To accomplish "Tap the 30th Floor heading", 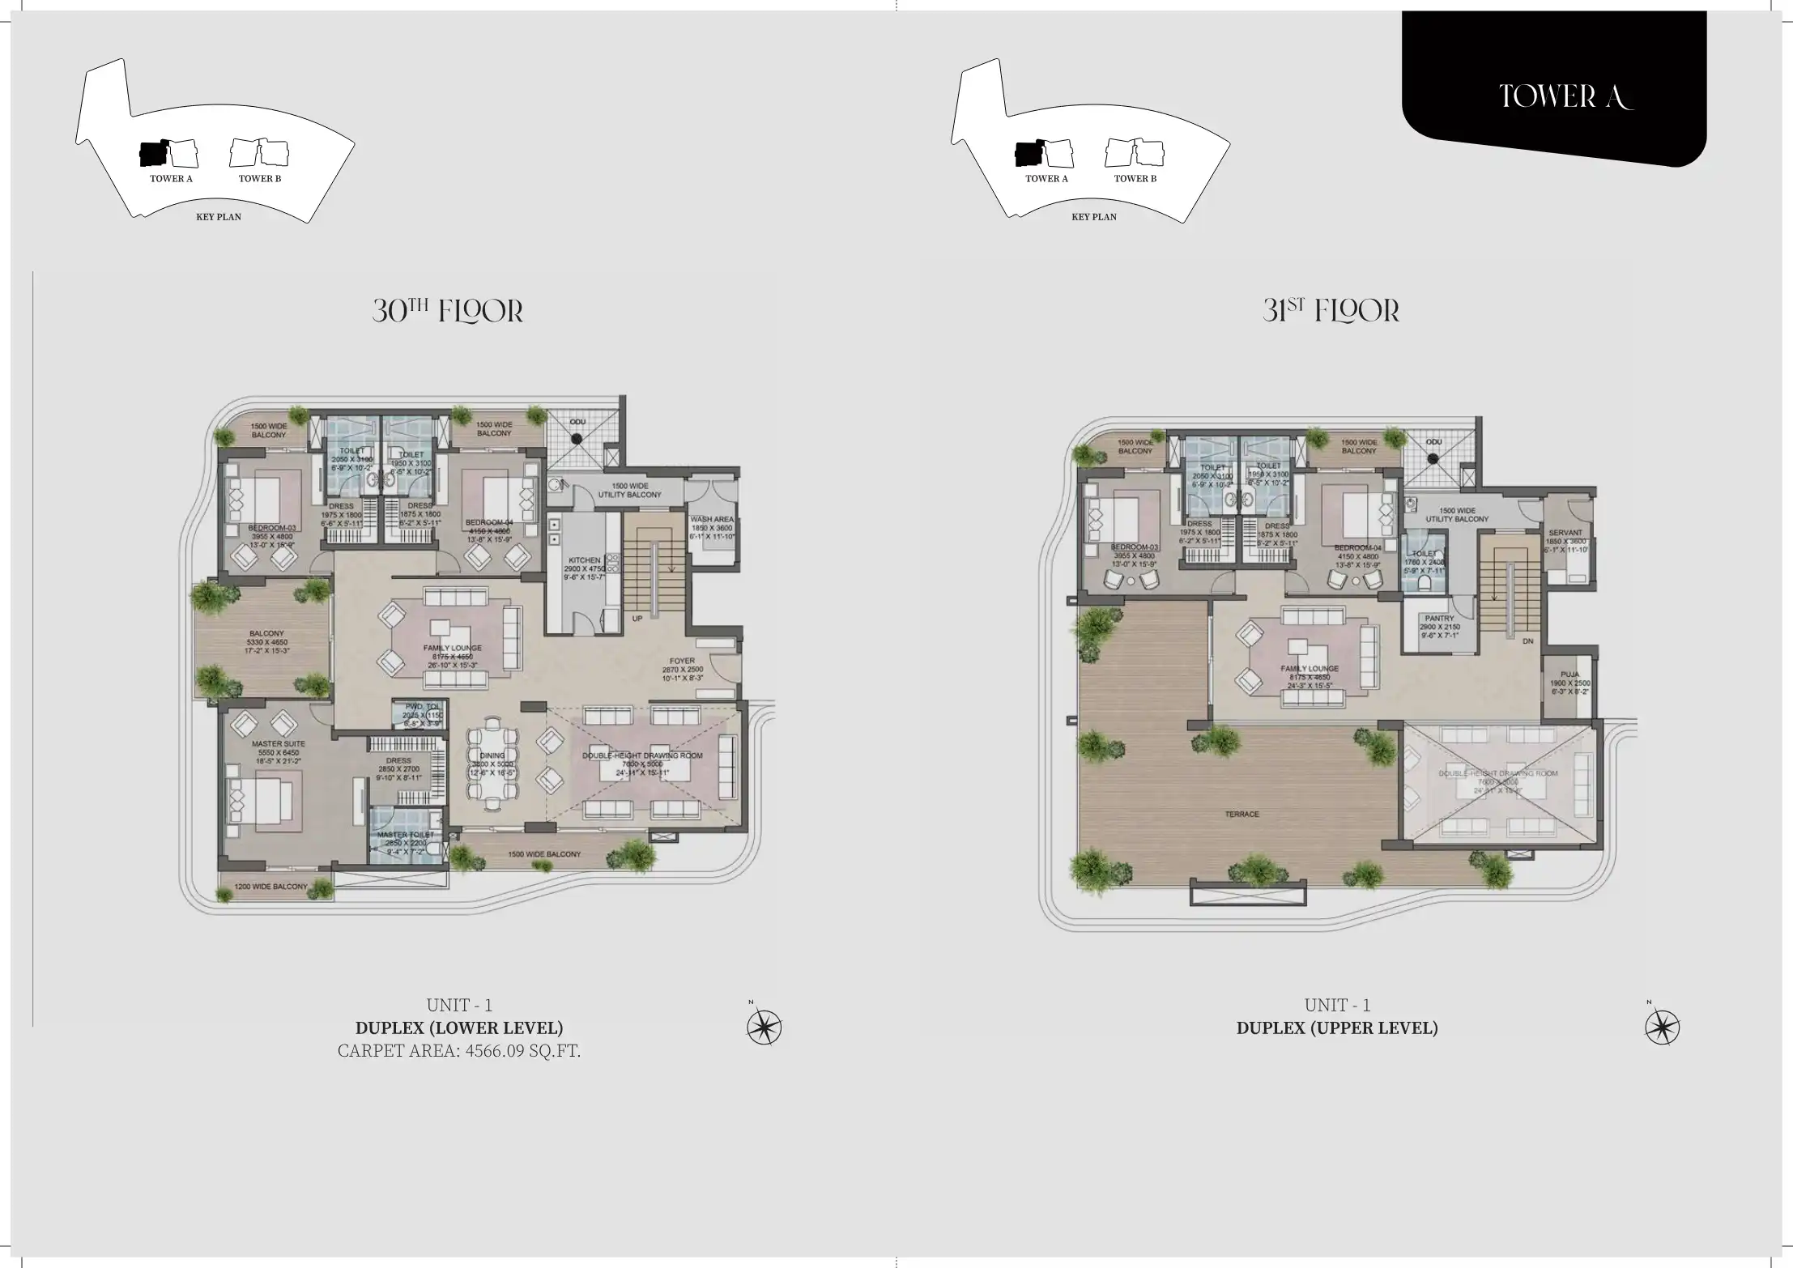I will tap(448, 311).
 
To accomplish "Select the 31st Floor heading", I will tap(1331, 311).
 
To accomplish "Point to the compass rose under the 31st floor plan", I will tap(1662, 1028).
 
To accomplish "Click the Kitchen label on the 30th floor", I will tap(584, 560).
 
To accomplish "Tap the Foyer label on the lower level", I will tap(682, 661).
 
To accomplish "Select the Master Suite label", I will tap(278, 743).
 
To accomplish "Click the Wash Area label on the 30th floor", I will tap(712, 520).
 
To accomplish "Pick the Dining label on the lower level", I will tap(492, 755).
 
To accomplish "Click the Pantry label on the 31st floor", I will tap(1439, 619).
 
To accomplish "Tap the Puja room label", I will tap(1569, 674).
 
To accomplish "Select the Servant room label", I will tap(1565, 533).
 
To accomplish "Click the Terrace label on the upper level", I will tap(1241, 815).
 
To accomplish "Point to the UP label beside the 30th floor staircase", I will tap(637, 619).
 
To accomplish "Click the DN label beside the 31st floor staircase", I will tap(1527, 641).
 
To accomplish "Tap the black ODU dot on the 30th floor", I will tap(576, 439).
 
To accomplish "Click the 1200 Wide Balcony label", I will tap(270, 887).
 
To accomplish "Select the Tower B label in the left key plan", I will tap(259, 179).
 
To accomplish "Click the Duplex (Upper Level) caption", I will tap(1336, 1028).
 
